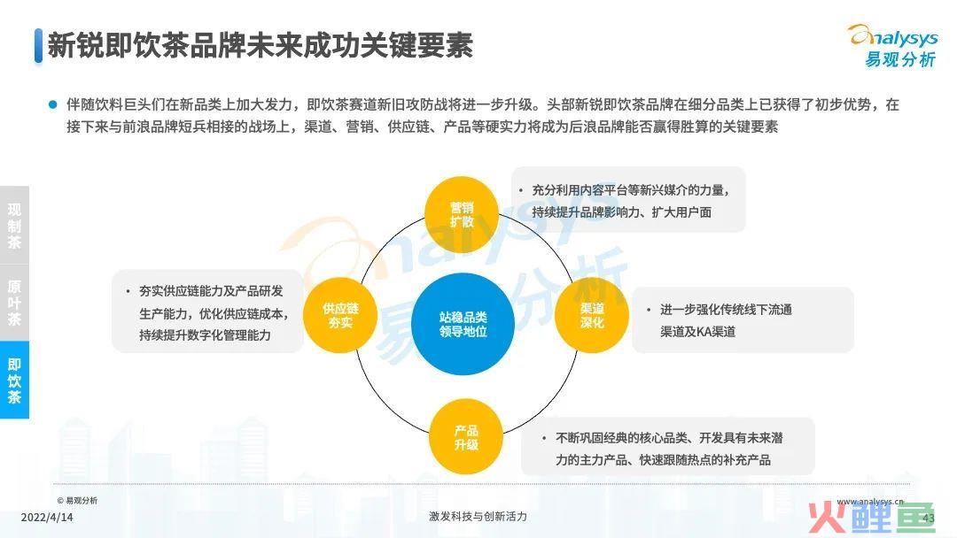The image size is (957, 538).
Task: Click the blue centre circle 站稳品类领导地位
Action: (463, 324)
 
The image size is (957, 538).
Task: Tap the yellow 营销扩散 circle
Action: (462, 214)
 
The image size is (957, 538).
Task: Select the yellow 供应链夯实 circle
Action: (340, 316)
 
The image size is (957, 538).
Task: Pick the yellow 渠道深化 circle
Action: (591, 315)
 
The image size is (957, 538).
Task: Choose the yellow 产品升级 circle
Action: (466, 437)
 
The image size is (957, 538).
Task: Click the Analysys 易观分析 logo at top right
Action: (894, 45)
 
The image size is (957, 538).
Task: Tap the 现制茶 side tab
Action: (15, 226)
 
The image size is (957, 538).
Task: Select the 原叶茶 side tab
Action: (15, 303)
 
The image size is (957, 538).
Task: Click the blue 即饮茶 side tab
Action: (15, 380)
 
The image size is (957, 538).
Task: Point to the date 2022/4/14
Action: (47, 518)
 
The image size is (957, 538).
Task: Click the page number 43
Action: (929, 518)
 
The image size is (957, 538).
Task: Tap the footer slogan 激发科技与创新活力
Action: (478, 517)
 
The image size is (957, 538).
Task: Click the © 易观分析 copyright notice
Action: (77, 500)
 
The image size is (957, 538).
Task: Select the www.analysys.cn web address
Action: (870, 502)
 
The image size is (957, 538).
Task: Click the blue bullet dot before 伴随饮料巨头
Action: (52, 104)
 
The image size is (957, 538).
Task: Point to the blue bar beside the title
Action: (38, 46)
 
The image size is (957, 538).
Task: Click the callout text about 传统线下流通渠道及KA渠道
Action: (726, 320)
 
